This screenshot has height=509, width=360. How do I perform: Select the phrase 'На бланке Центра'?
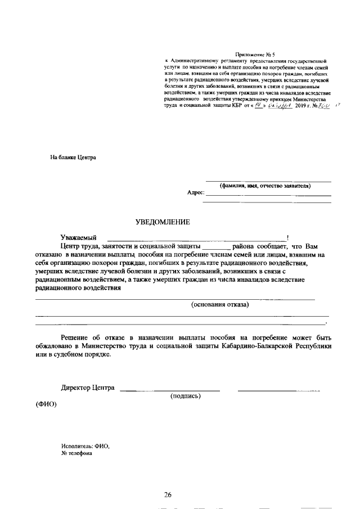[x=73, y=157]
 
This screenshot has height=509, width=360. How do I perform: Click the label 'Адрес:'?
[x=196, y=192]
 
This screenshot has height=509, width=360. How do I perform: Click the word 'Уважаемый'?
[x=79, y=238]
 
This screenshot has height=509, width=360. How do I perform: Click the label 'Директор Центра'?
[x=88, y=388]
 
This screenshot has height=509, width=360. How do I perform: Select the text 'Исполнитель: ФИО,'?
[x=85, y=446]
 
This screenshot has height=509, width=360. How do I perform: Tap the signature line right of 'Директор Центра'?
[x=170, y=389]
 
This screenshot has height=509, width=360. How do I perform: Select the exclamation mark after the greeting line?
[x=288, y=238]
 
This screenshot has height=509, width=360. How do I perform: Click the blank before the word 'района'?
[x=216, y=247]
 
